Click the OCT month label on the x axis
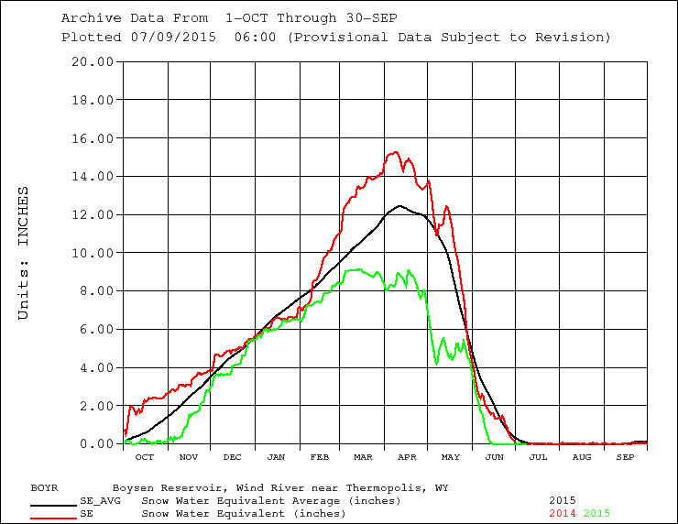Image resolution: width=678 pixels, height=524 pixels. pos(145,456)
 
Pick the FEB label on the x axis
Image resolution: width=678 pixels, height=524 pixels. pos(320,456)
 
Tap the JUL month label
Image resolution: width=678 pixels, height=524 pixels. pos(538,456)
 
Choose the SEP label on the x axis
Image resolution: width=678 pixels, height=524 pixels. pos(625,456)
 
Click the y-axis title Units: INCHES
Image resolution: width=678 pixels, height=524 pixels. pos(24,253)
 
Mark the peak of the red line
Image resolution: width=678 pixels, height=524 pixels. pos(395,152)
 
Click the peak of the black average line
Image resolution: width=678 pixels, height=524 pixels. pos(399,206)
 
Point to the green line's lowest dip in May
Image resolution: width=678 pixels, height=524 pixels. pos(436,364)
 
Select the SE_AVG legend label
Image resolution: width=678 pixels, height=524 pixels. pos(101,501)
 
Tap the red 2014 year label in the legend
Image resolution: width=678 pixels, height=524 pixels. pos(563,514)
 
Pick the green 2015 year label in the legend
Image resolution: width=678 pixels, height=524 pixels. pos(596,514)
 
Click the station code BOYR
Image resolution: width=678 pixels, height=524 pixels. pos(46,488)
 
